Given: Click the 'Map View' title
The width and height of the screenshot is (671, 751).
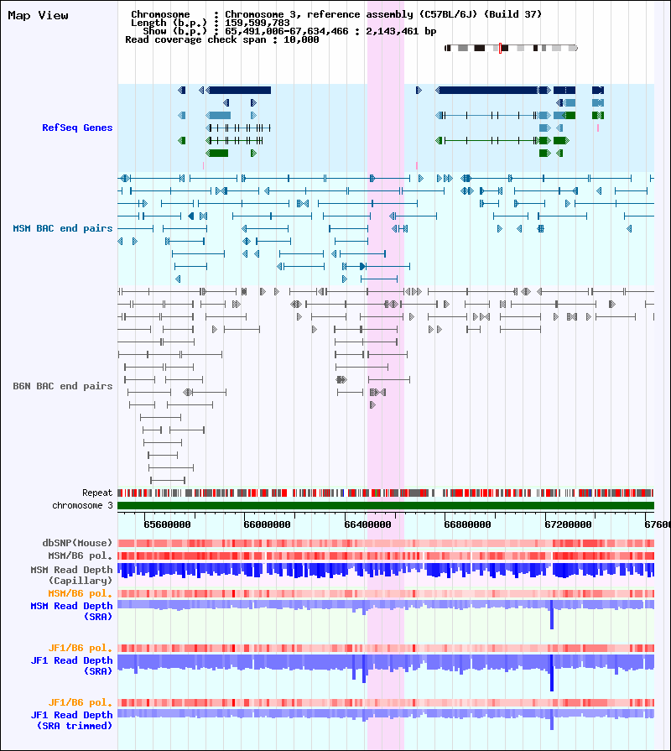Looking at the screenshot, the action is pos(39,16).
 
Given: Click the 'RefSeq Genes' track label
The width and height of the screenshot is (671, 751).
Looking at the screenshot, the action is pos(77,128).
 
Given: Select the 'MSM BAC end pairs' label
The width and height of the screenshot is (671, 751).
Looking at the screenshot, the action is pos(63,228).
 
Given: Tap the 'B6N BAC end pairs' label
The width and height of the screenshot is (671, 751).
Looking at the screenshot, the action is pos(63,386).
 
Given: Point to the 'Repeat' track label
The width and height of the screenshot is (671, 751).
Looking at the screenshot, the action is pos(97,493).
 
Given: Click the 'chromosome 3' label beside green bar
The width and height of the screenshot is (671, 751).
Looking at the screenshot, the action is pos(82,505).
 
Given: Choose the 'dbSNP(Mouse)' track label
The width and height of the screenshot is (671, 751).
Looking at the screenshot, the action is pos(77,543).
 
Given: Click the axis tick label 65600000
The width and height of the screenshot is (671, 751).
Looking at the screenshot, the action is pos(167,524).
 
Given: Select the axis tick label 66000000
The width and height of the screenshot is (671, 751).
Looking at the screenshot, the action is pos(267,524).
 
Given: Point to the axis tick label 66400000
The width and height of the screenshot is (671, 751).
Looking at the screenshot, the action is pos(367,524).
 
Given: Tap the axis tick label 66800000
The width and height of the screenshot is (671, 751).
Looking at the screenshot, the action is pos(467,524).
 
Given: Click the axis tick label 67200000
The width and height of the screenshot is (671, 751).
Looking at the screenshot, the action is pos(568,524).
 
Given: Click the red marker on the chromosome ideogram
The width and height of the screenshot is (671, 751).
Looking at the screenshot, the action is pos(500,48).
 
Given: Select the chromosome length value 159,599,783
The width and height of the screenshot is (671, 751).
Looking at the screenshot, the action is pos(257,23).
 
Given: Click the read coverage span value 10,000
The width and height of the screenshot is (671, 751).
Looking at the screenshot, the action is pos(301,39).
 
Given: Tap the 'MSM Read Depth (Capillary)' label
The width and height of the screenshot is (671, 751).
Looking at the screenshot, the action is pos(72,576).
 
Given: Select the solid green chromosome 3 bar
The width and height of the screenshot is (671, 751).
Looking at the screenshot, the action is pos(386,506).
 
